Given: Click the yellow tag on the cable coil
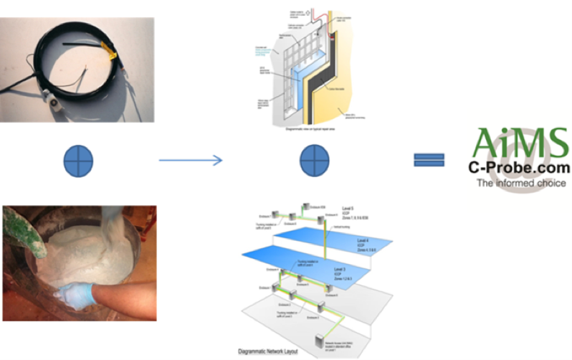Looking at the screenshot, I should (x=110, y=53).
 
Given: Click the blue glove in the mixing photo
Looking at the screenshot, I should (x=76, y=295).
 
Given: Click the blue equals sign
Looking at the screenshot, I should (x=429, y=160).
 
